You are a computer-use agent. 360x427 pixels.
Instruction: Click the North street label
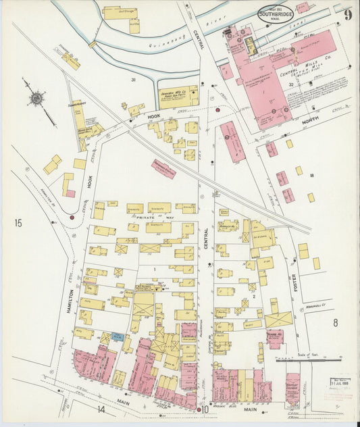click(x=310, y=121)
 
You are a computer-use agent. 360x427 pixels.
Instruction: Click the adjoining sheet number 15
click(x=18, y=222)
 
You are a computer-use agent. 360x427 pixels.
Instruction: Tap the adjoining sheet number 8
click(x=334, y=323)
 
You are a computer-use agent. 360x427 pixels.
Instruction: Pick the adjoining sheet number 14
click(x=101, y=409)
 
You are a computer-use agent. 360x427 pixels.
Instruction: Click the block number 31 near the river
click(x=134, y=80)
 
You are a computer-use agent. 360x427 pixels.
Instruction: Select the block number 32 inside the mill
click(x=291, y=84)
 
